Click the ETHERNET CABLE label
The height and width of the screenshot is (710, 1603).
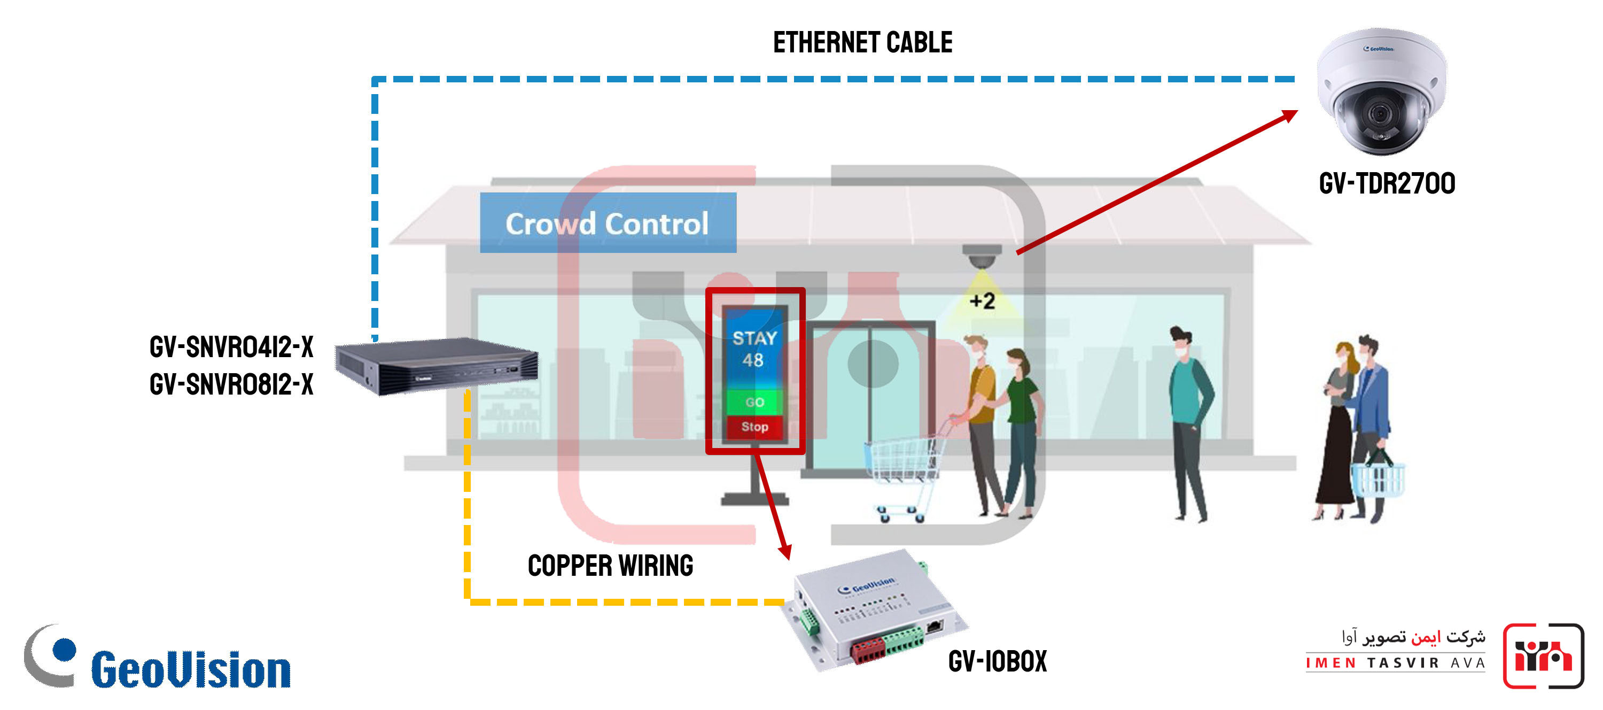coord(862,43)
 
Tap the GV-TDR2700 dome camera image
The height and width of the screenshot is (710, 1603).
coord(1381,91)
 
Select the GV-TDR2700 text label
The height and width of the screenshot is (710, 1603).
coord(1387,184)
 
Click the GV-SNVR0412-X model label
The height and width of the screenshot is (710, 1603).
coord(231,348)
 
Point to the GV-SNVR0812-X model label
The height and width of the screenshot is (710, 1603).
coord(231,385)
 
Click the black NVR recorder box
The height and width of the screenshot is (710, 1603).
coord(435,366)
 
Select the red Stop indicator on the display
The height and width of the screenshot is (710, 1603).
coord(754,427)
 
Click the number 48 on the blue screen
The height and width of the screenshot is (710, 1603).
coord(753,360)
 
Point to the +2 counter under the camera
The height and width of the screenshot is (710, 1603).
coord(983,302)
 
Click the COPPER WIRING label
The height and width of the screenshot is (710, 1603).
coord(610,566)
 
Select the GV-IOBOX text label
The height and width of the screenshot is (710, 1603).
coord(998,661)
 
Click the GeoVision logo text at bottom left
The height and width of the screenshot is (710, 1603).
coord(190,670)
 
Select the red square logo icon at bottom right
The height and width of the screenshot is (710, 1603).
coord(1543,656)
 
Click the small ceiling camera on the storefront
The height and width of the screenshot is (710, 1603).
coord(982,257)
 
